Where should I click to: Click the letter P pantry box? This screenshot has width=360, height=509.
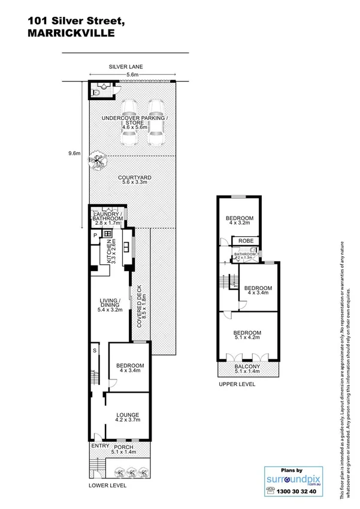click(95, 237)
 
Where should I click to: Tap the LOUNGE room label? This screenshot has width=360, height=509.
click(128, 415)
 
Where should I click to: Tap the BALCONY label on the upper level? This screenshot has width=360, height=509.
click(246, 366)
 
